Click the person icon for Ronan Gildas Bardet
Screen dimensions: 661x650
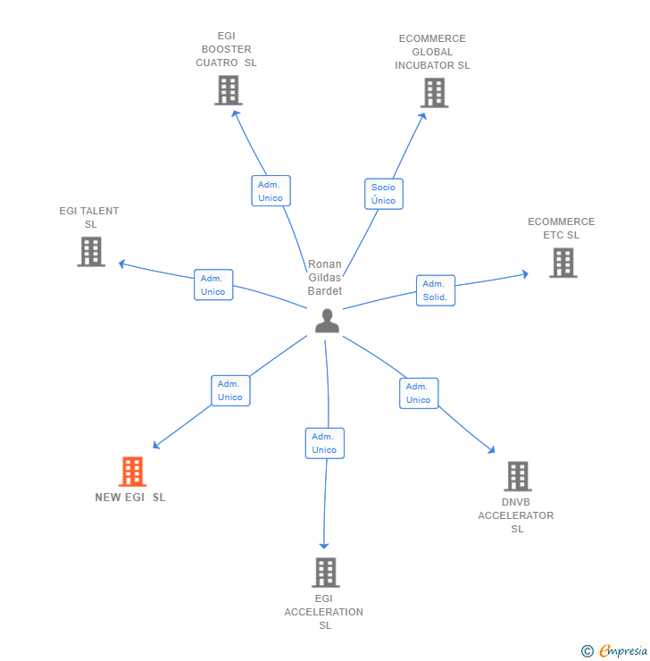(327, 321)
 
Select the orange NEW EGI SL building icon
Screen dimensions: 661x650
(132, 472)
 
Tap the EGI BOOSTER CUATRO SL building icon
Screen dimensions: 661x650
(229, 90)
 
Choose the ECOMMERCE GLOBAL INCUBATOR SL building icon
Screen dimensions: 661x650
(434, 93)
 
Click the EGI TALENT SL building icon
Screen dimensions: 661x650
(91, 252)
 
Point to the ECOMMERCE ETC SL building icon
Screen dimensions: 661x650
(562, 263)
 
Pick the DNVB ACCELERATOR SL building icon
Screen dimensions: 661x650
(517, 476)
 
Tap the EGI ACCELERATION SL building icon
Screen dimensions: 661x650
(325, 572)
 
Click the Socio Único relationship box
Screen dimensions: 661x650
(383, 194)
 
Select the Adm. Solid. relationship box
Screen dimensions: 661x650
(435, 290)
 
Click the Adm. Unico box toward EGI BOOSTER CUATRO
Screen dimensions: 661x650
(270, 191)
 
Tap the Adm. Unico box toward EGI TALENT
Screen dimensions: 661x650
(213, 285)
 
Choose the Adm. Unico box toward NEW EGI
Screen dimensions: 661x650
(230, 390)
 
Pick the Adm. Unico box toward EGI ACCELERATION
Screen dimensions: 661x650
(324, 443)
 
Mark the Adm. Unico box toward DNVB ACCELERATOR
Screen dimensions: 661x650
(418, 393)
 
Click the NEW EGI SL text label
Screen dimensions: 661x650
(130, 498)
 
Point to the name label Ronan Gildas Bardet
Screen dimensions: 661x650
(325, 278)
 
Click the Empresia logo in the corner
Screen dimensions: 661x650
(615, 651)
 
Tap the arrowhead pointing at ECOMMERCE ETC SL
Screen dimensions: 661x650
(525, 274)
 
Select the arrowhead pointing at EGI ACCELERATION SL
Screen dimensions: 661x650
(324, 545)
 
